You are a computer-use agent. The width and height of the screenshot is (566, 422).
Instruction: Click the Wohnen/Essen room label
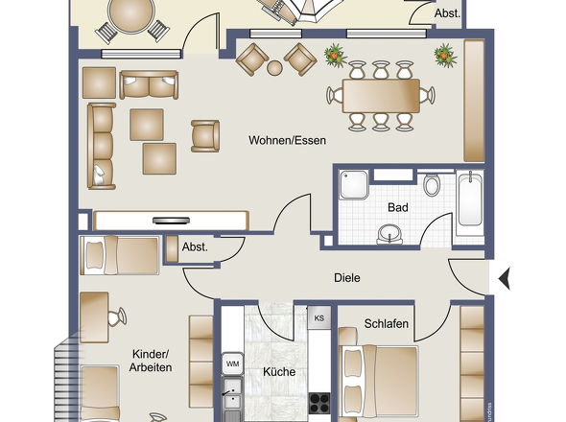[x=287, y=140]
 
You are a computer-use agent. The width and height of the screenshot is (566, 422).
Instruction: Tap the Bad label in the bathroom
[x=398, y=207]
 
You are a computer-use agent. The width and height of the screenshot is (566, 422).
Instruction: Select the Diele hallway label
[x=346, y=278]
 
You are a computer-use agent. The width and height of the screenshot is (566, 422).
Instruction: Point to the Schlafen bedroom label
[x=387, y=324]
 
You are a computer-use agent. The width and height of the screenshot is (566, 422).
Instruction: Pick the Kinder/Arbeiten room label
[x=152, y=361]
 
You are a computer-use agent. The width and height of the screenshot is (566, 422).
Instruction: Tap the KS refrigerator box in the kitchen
[x=318, y=317]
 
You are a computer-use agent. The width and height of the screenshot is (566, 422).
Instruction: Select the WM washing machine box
[x=231, y=364]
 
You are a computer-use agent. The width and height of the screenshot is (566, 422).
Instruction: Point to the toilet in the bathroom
[x=432, y=185]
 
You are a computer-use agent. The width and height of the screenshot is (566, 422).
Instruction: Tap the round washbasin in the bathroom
[x=391, y=232]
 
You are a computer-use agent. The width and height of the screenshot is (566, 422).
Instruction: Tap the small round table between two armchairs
[x=274, y=67]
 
